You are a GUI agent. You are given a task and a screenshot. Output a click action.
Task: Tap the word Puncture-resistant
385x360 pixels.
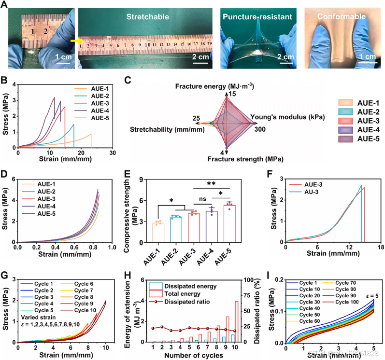[257, 17]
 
